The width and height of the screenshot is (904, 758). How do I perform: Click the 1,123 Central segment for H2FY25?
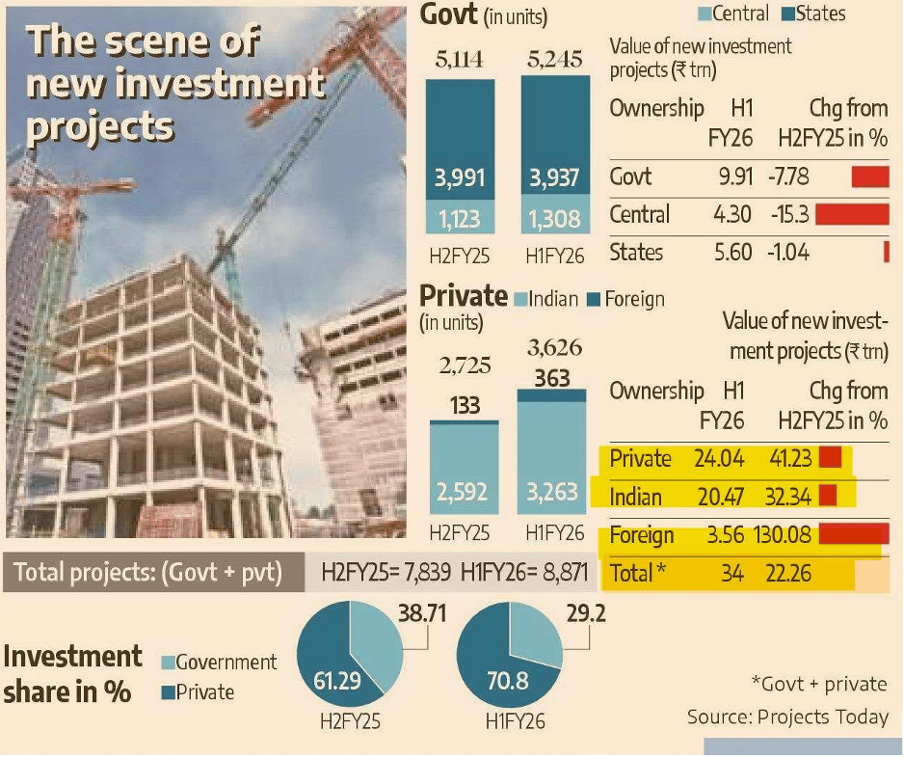[x=460, y=219]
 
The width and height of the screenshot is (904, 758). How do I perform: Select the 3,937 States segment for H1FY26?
[x=555, y=179]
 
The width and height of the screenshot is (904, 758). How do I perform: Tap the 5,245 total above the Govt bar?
[x=555, y=60]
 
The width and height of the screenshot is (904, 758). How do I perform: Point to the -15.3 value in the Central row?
[x=787, y=214]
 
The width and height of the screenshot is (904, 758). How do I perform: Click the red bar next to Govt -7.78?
[x=869, y=176]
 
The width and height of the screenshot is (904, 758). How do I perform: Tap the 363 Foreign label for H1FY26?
[x=553, y=377]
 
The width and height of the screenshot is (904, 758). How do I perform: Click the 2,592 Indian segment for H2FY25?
[x=465, y=493]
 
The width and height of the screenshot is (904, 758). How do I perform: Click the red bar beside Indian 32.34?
[x=827, y=496]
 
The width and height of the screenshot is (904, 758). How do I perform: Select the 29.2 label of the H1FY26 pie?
[x=587, y=613]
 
